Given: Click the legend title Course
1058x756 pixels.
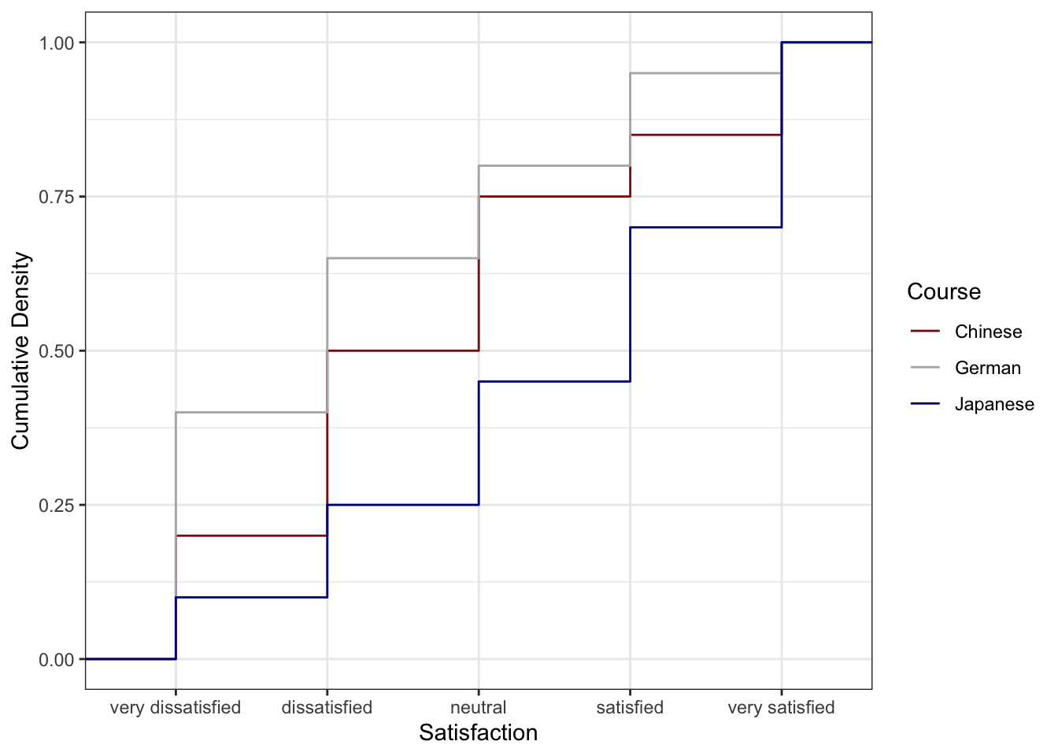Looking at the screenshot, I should [944, 291].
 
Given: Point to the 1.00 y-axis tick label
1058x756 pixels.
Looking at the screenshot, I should [57, 43].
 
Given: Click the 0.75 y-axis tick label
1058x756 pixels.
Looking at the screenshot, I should [57, 197].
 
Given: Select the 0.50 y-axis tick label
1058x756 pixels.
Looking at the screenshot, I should [57, 351].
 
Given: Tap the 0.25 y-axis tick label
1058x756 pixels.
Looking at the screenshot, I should [57, 505].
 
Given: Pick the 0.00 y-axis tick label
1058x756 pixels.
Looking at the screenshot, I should [57, 659].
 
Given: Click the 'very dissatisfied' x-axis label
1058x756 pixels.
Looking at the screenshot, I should [176, 707].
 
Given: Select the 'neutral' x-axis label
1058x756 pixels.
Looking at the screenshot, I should [479, 707].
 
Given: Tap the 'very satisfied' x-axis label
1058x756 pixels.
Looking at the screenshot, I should [781, 707].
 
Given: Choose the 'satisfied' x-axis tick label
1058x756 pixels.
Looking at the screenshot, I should [630, 707].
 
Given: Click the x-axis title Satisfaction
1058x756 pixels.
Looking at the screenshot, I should [479, 732].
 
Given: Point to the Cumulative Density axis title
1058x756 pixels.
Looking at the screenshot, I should [20, 350].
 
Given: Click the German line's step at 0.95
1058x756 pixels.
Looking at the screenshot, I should [705, 73].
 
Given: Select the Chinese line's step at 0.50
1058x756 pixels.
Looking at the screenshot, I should [403, 350].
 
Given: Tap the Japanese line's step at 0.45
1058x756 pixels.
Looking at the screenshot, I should [554, 381].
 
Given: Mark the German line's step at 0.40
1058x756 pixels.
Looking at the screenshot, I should [251, 412].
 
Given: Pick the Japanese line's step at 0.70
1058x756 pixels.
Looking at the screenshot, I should [705, 228].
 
